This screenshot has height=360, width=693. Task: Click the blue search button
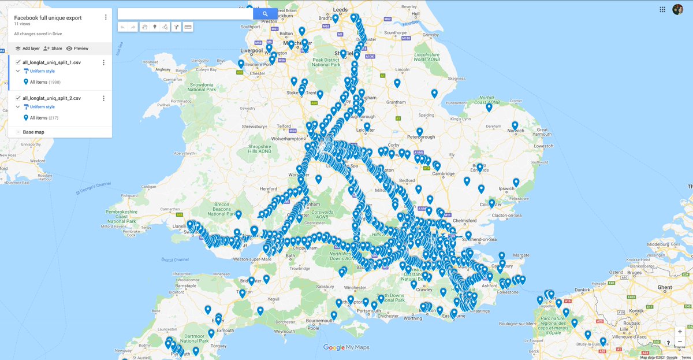tap(265, 14)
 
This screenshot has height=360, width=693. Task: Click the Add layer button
tap(27, 49)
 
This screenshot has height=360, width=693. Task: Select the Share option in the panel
tap(53, 49)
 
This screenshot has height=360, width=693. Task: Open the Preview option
tap(77, 49)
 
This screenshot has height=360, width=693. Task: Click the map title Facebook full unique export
tap(48, 18)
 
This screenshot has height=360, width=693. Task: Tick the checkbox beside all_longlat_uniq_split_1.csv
tap(18, 62)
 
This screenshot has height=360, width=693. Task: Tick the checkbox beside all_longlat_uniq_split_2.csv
tap(18, 98)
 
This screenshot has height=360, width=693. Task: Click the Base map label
tap(33, 132)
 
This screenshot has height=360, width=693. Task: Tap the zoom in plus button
tap(680, 332)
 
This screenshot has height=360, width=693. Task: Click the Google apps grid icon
tap(662, 9)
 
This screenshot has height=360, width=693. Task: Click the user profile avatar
tap(678, 9)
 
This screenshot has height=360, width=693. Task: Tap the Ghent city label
tap(665, 287)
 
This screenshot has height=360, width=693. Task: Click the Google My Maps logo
tap(346, 347)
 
